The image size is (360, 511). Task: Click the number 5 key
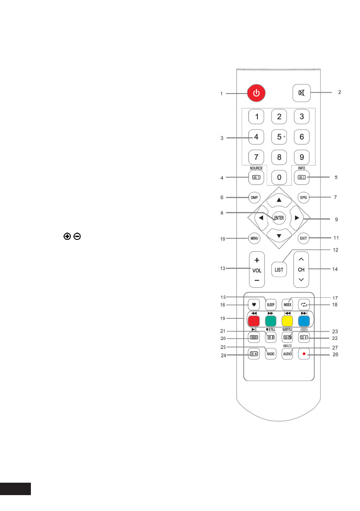tap(279, 137)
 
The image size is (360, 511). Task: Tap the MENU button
tap(254, 238)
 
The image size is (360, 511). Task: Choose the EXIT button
tap(304, 238)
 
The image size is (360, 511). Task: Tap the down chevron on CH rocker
tap(301, 279)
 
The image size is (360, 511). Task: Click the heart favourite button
tap(254, 305)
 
